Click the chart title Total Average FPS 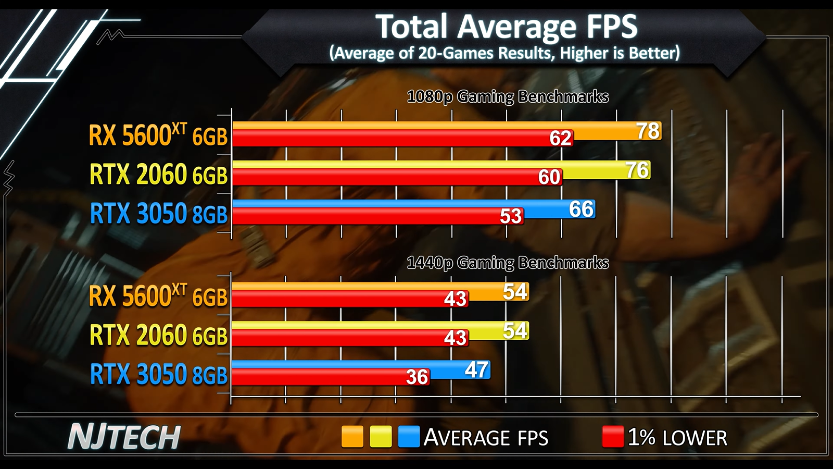click(506, 26)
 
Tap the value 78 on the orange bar click(648, 131)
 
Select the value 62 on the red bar click(561, 138)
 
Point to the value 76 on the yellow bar click(637, 170)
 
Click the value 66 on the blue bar click(582, 209)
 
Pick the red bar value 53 click(511, 216)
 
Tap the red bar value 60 click(549, 177)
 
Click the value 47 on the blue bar click(476, 370)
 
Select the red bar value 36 click(417, 377)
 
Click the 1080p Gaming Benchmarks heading click(508, 97)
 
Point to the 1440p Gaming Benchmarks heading click(508, 263)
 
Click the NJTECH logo click(124, 437)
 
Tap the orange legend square click(352, 437)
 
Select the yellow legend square click(381, 437)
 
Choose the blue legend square click(409, 437)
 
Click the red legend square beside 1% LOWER click(613, 437)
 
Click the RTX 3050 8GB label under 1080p click(159, 214)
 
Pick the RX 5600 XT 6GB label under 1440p click(158, 296)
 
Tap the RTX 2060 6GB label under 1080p click(159, 175)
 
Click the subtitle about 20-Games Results click(504, 53)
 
